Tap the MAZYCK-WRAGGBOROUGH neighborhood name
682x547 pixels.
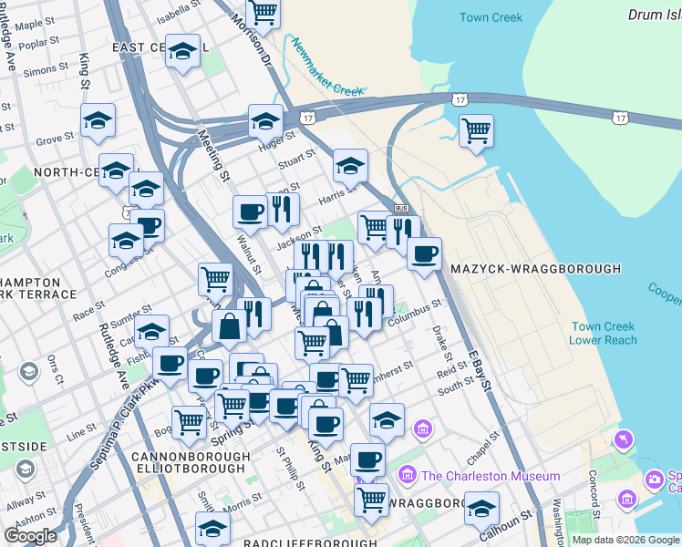pyautogui.click(x=535, y=269)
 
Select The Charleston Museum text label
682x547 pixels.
pyautogui.click(x=491, y=476)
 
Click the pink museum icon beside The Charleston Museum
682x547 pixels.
pyautogui.click(x=408, y=476)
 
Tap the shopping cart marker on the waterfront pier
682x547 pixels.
pyautogui.click(x=476, y=131)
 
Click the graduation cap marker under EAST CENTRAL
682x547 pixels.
pyautogui.click(x=182, y=51)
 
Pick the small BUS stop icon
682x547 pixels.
pyautogui.click(x=400, y=209)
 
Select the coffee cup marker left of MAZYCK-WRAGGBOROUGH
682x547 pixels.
pyautogui.click(x=423, y=253)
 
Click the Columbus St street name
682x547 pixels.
pyautogui.click(x=414, y=314)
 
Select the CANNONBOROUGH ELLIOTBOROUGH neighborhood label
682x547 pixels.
pyautogui.click(x=190, y=462)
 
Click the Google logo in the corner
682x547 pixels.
pyautogui.click(x=31, y=536)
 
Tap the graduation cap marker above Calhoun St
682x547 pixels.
pyautogui.click(x=481, y=508)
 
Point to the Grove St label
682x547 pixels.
pyautogui.click(x=55, y=139)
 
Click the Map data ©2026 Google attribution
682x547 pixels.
pyautogui.click(x=625, y=540)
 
